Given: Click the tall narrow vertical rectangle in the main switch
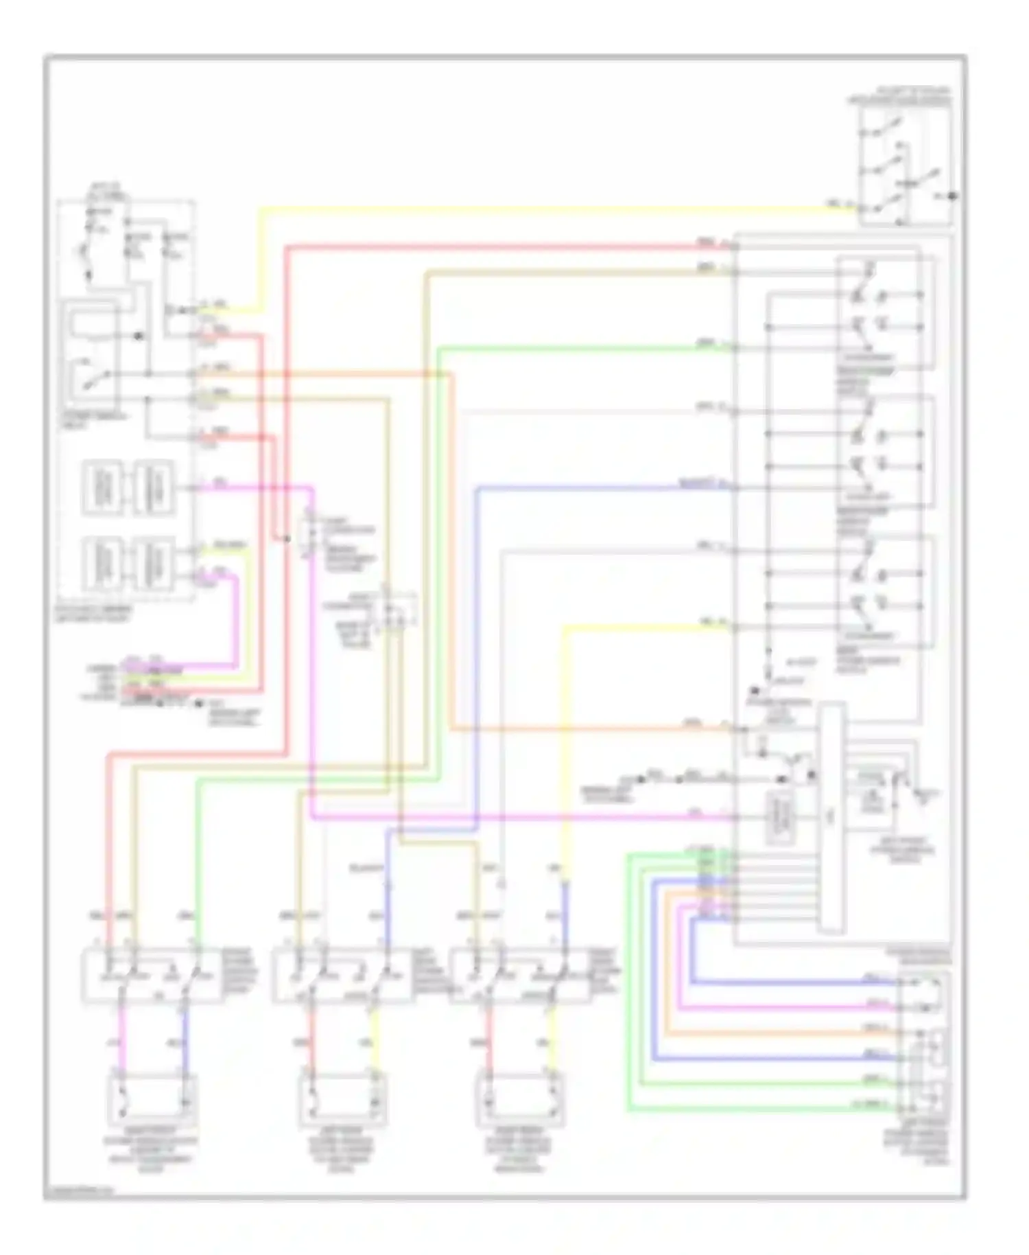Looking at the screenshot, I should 831,817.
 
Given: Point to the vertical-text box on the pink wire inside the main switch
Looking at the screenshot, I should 779,817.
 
